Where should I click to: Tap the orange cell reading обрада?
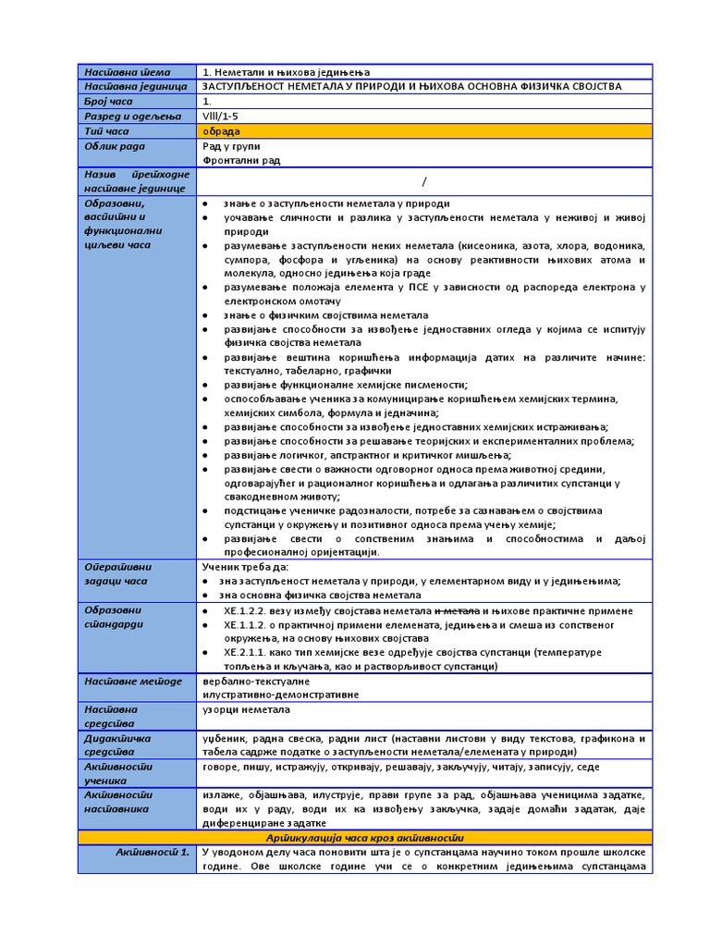(x=222, y=131)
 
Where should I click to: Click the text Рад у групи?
(x=231, y=146)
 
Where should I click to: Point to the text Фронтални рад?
(x=241, y=160)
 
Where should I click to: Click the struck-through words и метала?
(x=458, y=611)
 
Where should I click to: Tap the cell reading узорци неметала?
(x=246, y=709)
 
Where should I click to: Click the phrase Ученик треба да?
(x=245, y=566)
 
